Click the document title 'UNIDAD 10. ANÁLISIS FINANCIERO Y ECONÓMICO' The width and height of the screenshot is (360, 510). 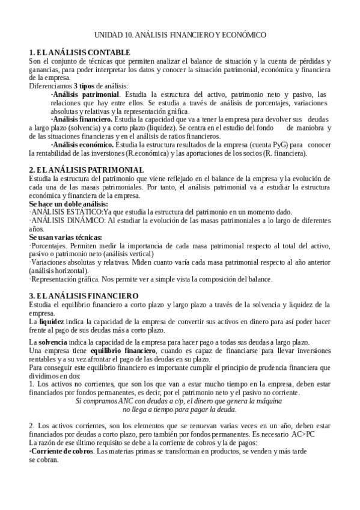tap(180, 36)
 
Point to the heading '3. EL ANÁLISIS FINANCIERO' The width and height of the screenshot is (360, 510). tap(84, 296)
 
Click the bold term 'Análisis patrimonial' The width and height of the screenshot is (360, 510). tap(85, 94)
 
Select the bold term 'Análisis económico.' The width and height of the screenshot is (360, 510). tap(83, 145)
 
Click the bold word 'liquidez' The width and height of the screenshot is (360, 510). tap(52, 322)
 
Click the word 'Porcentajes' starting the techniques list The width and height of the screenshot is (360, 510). tap(49, 247)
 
